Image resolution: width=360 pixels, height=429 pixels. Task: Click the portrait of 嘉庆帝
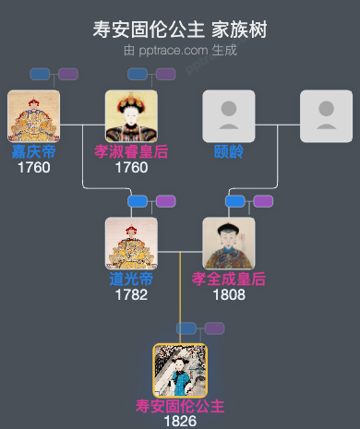tap(33, 116)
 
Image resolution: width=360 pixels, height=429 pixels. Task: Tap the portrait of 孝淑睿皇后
tap(131, 116)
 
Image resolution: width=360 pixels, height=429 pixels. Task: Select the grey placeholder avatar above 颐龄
tap(229, 116)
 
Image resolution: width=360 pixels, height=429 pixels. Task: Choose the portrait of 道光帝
tap(131, 244)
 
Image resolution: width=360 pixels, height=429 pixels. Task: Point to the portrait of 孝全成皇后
tap(229, 244)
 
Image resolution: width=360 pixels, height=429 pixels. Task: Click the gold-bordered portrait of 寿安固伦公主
tap(180, 371)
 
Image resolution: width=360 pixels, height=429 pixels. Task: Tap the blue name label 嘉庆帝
tap(33, 151)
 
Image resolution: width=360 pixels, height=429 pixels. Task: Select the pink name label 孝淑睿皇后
tap(131, 151)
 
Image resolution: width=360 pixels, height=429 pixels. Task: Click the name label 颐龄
tap(229, 151)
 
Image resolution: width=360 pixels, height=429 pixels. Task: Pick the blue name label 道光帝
tap(131, 279)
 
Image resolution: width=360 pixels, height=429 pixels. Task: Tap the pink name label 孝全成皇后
tap(229, 279)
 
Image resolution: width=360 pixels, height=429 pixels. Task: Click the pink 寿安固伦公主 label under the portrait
tap(180, 406)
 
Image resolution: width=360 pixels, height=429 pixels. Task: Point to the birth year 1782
tap(131, 295)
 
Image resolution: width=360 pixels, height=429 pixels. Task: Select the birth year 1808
tap(229, 295)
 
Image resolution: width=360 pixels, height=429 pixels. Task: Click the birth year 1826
tap(180, 422)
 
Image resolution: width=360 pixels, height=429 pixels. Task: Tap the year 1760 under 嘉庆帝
tap(33, 168)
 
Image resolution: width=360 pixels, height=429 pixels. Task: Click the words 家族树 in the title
tap(242, 30)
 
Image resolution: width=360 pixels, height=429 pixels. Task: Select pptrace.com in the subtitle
tap(172, 50)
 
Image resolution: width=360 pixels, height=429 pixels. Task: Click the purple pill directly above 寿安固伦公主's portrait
tap(214, 328)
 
